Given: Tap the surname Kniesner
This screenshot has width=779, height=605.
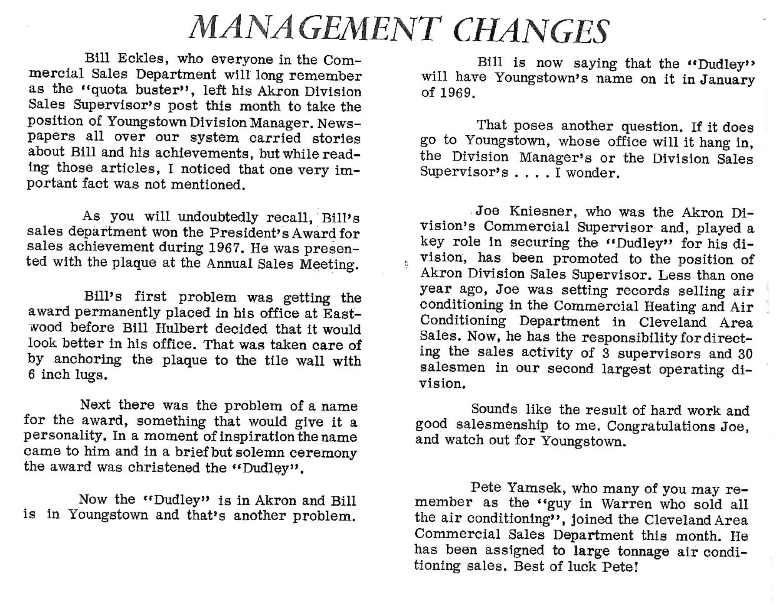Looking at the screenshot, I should point(542,211).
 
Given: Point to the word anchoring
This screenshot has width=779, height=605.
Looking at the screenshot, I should point(88,360).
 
